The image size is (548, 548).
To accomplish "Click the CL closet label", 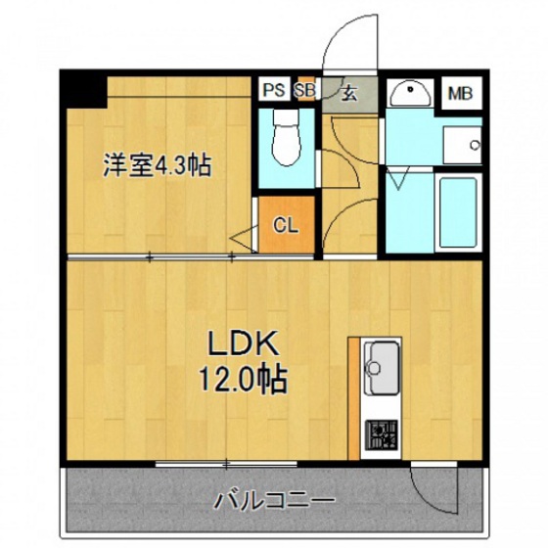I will (x=285, y=225).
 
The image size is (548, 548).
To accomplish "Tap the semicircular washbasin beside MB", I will (x=409, y=94).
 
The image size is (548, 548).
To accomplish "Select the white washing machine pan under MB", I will (x=459, y=145).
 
